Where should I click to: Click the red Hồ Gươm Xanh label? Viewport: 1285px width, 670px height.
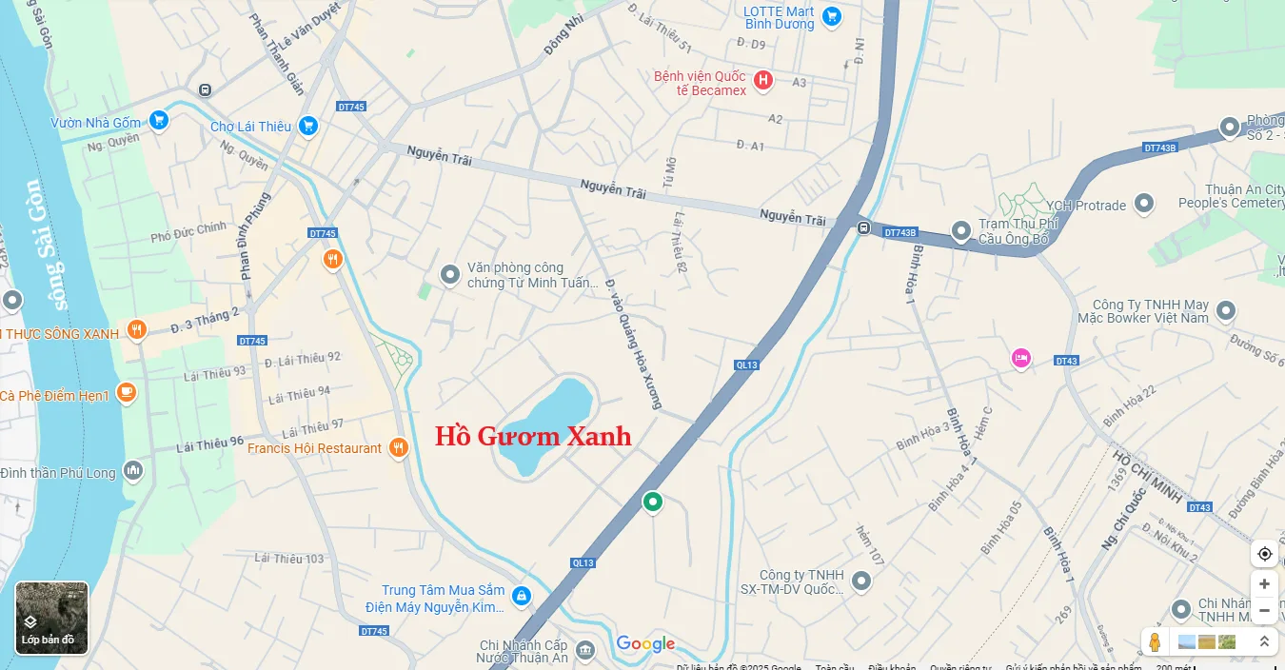click(533, 437)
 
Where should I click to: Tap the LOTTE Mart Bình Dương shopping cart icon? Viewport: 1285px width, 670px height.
click(832, 16)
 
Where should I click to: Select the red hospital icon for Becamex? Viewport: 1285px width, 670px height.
click(762, 81)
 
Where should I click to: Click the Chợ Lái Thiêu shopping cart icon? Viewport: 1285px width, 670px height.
click(307, 126)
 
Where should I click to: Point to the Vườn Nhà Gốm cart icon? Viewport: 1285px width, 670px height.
click(159, 121)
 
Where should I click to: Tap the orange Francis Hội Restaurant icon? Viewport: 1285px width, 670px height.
click(399, 447)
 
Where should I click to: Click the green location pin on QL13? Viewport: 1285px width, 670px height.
click(652, 501)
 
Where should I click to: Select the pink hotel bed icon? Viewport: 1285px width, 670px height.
click(1021, 358)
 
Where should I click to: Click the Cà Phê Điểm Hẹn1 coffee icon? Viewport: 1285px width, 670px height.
click(127, 393)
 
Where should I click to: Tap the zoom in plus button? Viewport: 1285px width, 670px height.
click(1264, 583)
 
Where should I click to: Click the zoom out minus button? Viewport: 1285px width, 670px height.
click(1264, 610)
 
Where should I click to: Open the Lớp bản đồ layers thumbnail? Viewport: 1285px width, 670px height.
click(51, 618)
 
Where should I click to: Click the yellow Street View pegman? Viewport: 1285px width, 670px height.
click(1155, 642)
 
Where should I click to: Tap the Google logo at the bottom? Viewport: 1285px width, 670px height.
click(645, 644)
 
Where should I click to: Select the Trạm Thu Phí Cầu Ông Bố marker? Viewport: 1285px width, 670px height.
click(961, 230)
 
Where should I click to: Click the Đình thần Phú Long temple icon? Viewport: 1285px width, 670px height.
click(132, 470)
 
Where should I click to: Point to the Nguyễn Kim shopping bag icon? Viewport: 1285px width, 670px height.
click(521, 596)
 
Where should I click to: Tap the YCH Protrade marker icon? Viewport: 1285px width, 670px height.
click(1144, 204)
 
